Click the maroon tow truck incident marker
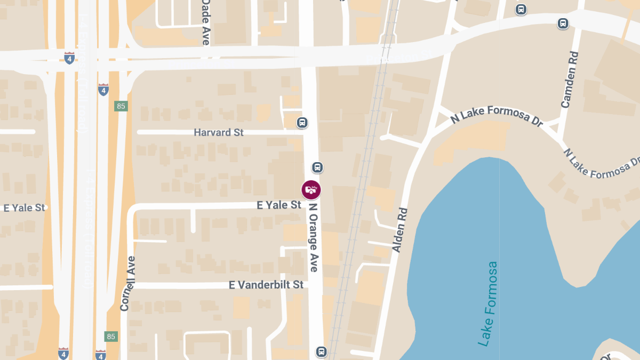pyautogui.click(x=311, y=190)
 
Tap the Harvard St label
pyautogui.click(x=219, y=132)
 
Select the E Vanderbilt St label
pyautogui.click(x=266, y=285)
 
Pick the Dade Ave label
pyautogui.click(x=205, y=22)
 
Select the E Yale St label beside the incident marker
pyautogui.click(x=279, y=205)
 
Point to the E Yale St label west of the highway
pyautogui.click(x=25, y=207)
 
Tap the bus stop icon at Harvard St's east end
pyautogui.click(x=302, y=123)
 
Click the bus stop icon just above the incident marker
pyautogui.click(x=317, y=167)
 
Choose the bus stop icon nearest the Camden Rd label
pyautogui.click(x=563, y=23)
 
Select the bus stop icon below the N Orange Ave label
pyautogui.click(x=321, y=351)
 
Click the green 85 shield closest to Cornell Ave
pyautogui.click(x=111, y=337)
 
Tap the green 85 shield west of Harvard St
pyautogui.click(x=121, y=106)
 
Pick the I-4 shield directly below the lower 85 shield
pyautogui.click(x=100, y=354)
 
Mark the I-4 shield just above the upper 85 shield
pyautogui.click(x=103, y=89)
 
